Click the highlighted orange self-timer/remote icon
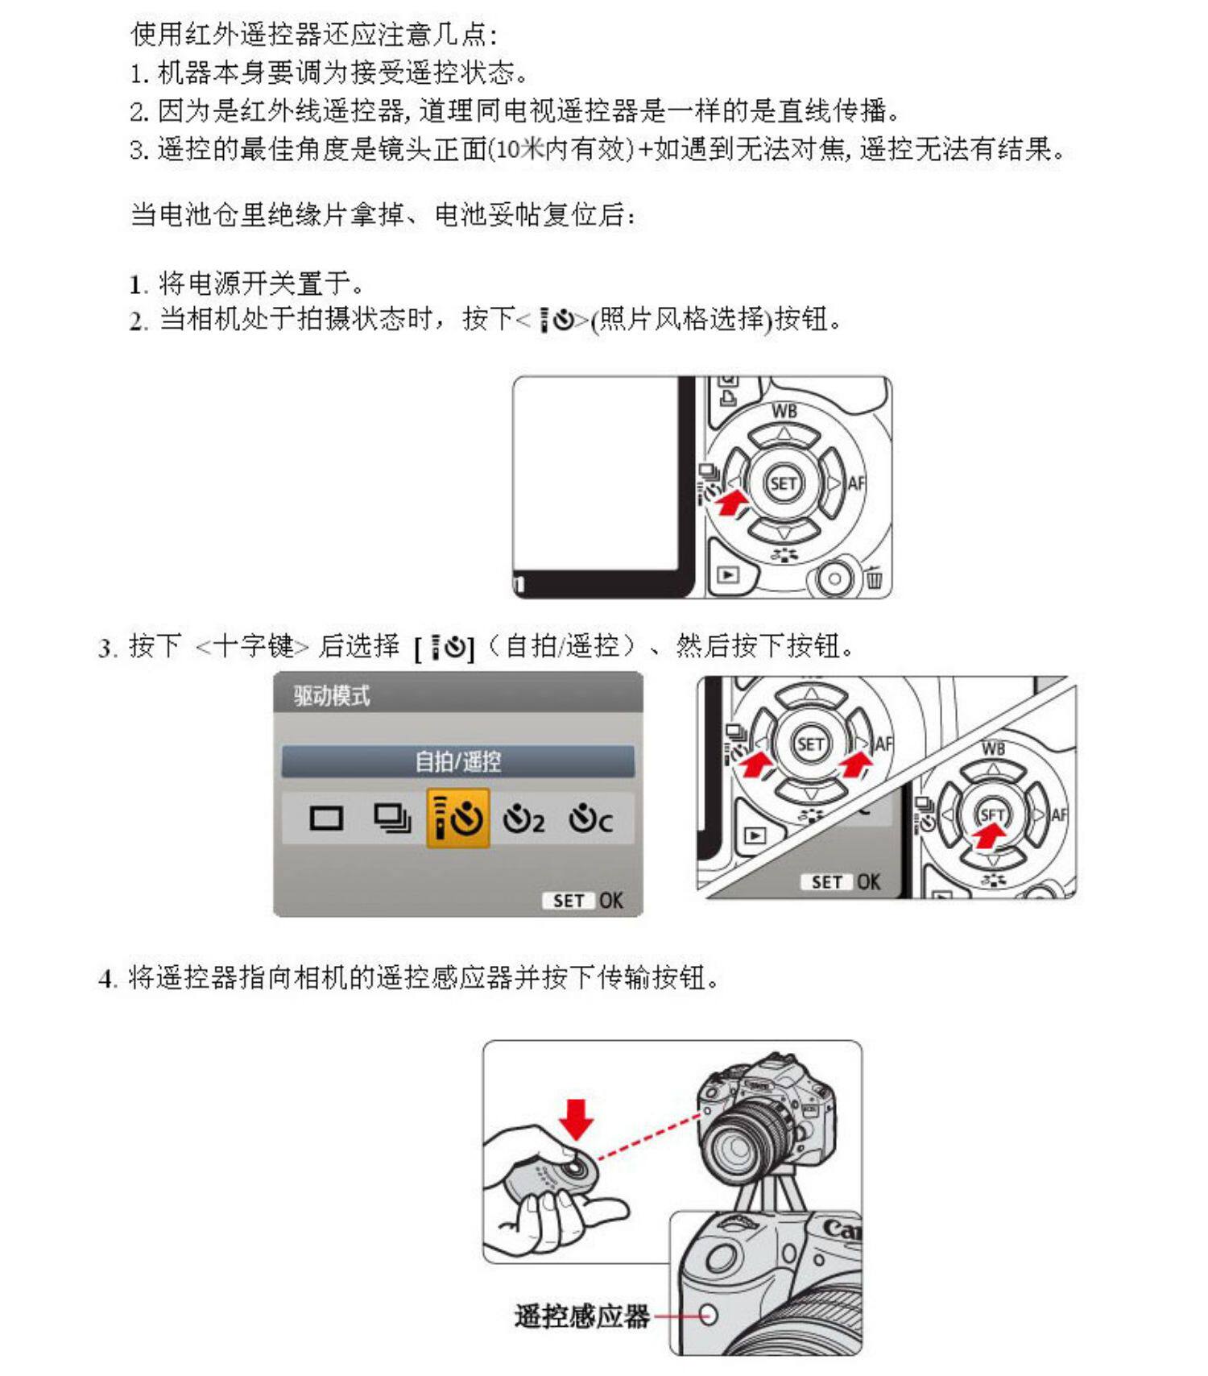tap(457, 819)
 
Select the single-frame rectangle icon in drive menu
tap(326, 819)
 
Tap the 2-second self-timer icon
tap(523, 819)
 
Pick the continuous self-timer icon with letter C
tap(590, 819)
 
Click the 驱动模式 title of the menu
tap(332, 696)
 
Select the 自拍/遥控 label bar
tap(457, 761)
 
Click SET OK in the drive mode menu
tap(587, 901)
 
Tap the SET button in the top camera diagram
tap(783, 483)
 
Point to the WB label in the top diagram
tap(784, 411)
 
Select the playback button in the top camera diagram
tap(728, 575)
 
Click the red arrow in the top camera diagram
tap(733, 504)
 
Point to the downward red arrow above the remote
tap(577, 1118)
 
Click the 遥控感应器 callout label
tap(581, 1316)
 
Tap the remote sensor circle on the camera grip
tap(708, 1315)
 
